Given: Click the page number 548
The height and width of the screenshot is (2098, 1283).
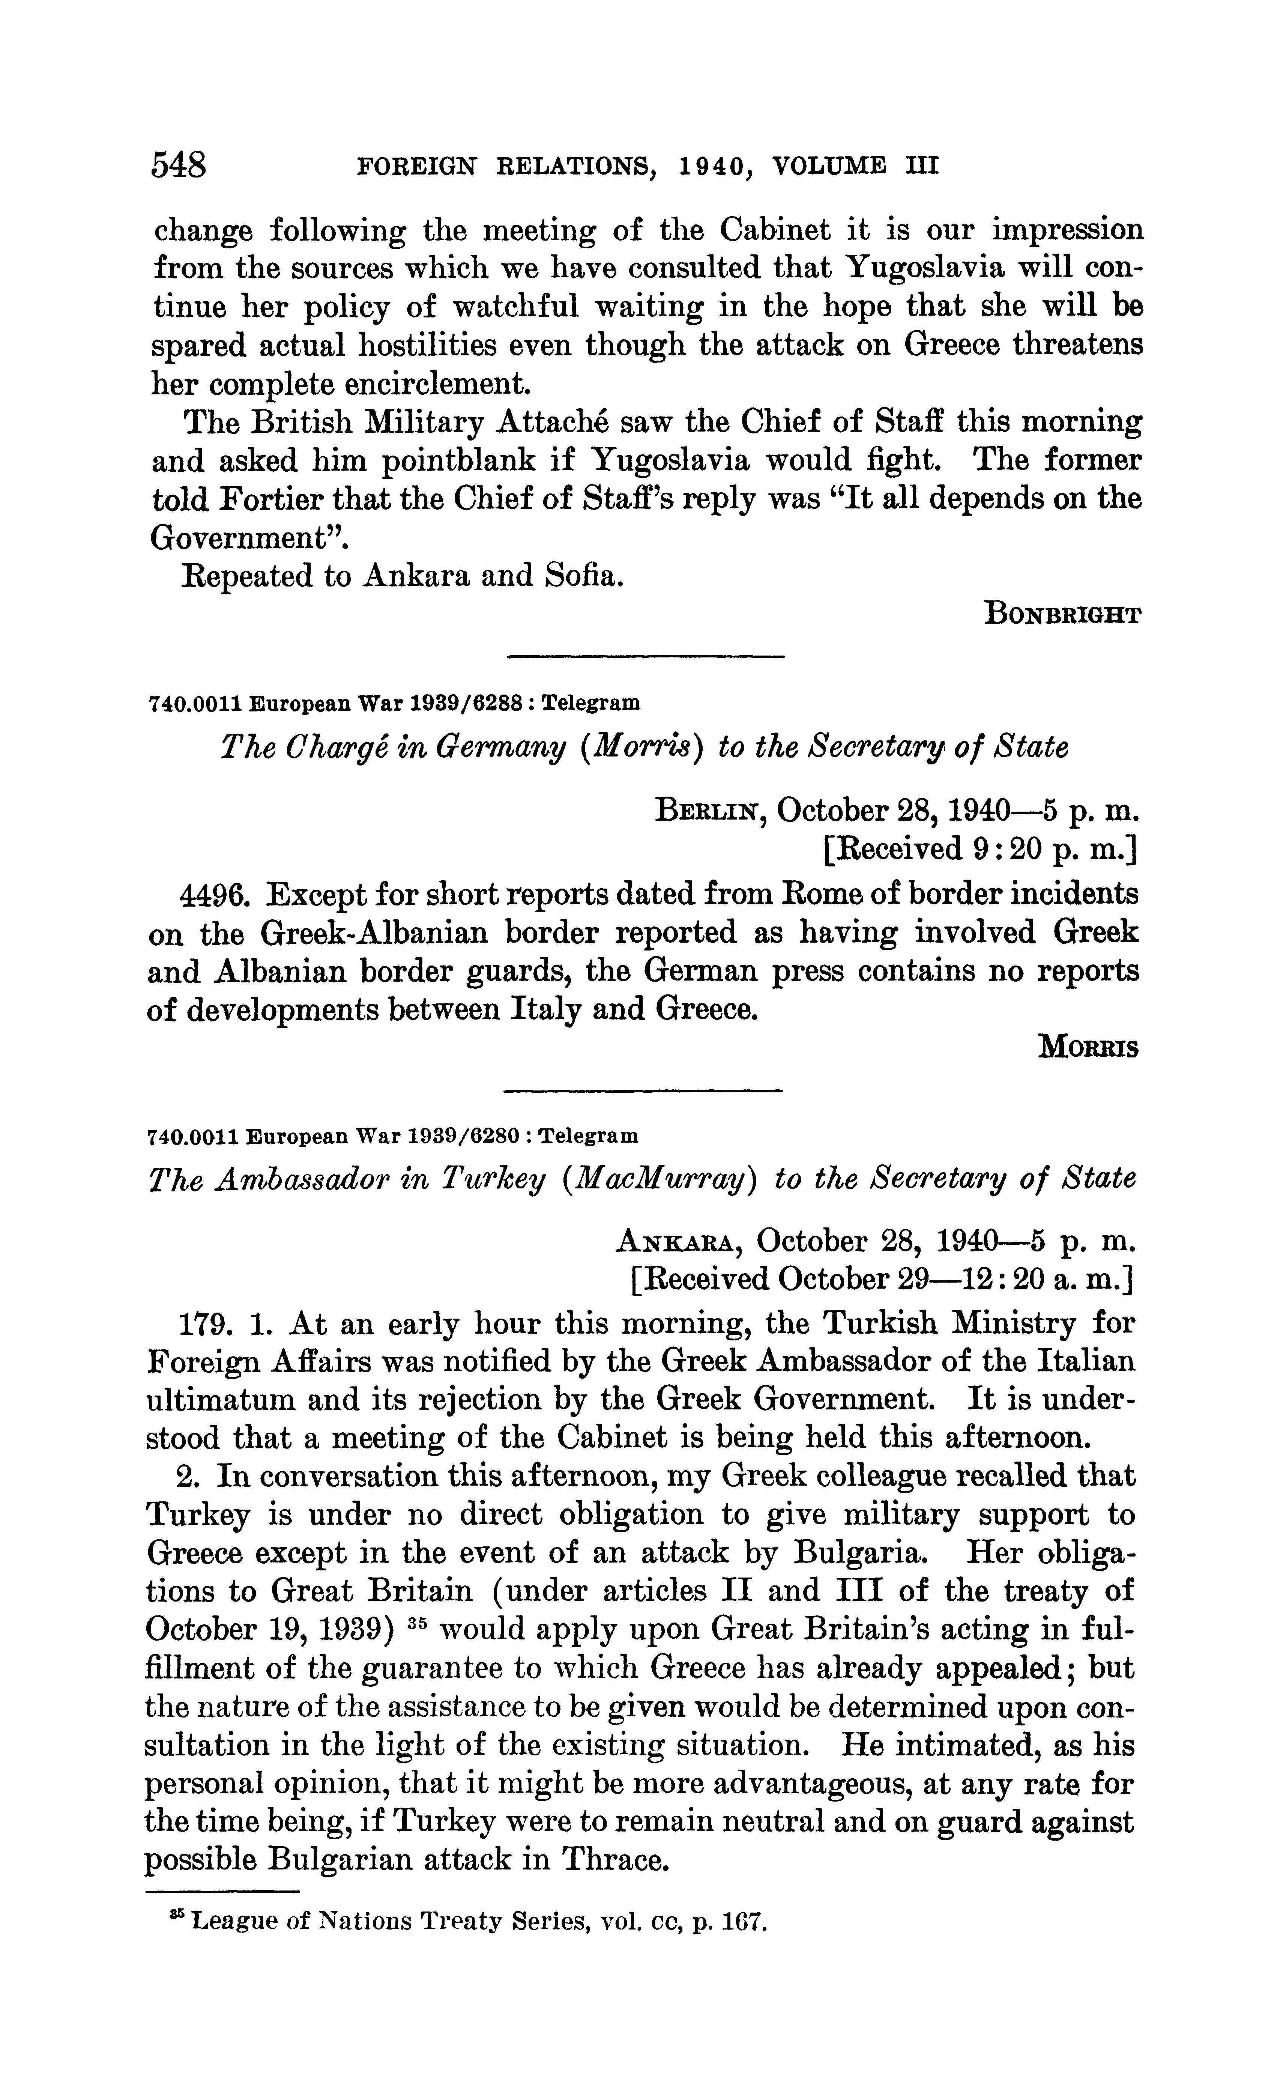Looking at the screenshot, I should click(x=179, y=164).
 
